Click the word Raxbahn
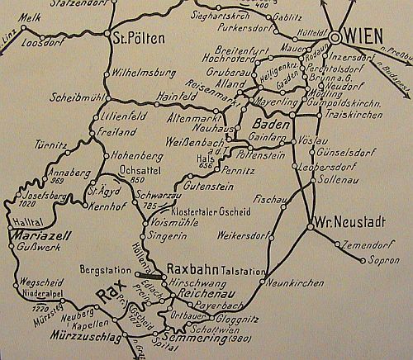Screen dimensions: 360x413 click(x=193, y=268)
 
